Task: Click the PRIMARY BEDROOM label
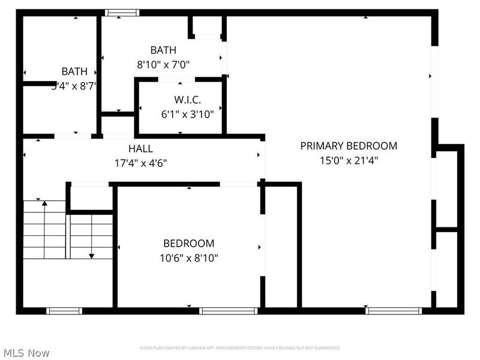(349, 146)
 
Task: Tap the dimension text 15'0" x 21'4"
(349, 160)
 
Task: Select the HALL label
(140, 149)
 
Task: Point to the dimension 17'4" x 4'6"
(140, 163)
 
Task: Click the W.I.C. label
(187, 99)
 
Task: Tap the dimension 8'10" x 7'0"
(163, 64)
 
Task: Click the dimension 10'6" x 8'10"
(188, 258)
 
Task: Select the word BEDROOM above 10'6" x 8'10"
(188, 244)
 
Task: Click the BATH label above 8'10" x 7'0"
(163, 50)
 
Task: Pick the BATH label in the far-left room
(74, 72)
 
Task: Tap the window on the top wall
(122, 13)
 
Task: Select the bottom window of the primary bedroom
(393, 310)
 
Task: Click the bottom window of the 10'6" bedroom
(228, 310)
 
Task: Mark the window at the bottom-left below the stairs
(64, 310)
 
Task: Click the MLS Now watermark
(26, 353)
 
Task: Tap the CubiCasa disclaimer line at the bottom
(240, 348)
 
